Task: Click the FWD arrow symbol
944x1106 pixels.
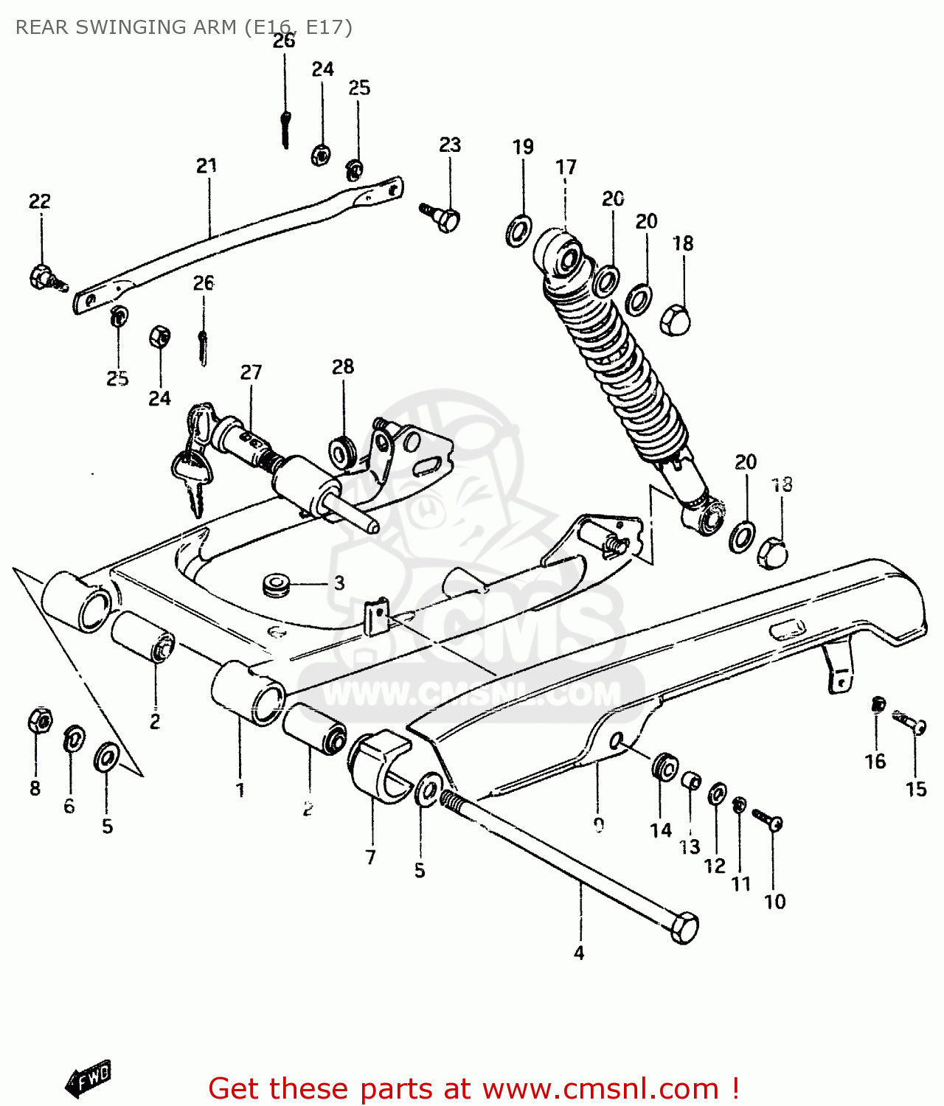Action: (x=88, y=1078)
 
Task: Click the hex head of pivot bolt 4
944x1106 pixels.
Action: (x=684, y=927)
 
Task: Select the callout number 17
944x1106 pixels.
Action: (x=566, y=167)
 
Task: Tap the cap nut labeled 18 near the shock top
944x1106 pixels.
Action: (x=675, y=319)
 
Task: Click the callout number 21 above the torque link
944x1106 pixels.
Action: (x=206, y=166)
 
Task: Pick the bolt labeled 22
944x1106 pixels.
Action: (x=46, y=277)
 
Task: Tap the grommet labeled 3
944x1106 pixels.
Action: (x=276, y=584)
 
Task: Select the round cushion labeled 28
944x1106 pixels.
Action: (x=342, y=452)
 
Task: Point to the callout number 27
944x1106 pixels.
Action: (x=251, y=372)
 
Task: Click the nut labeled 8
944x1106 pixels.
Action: (x=39, y=720)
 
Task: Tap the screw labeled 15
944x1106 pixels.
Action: (x=909, y=721)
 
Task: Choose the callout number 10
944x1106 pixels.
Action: (x=774, y=902)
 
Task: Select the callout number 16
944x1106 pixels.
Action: (x=875, y=762)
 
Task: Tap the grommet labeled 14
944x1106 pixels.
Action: (x=665, y=768)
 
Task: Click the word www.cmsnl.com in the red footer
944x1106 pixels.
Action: (x=600, y=1088)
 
